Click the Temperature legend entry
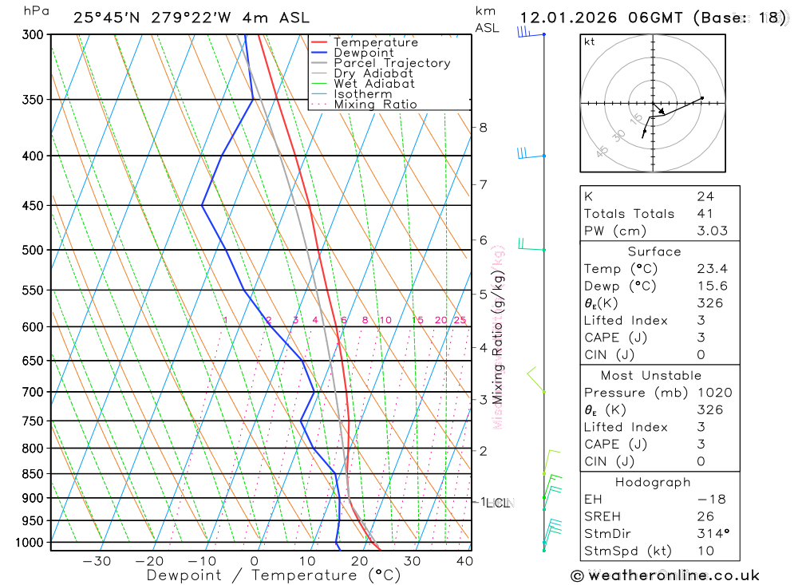coord(375,42)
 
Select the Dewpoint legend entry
coord(363,53)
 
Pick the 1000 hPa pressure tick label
coord(29,543)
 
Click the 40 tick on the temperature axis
coord(464,561)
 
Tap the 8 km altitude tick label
coord(483,127)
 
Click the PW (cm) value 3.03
coord(710,231)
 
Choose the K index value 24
coord(705,196)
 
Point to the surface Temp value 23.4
coord(712,269)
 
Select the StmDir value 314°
coord(710,534)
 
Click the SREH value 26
coord(705,516)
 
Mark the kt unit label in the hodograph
coord(589,42)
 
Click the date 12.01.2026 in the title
coord(569,18)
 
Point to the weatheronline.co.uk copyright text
coord(665,575)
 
